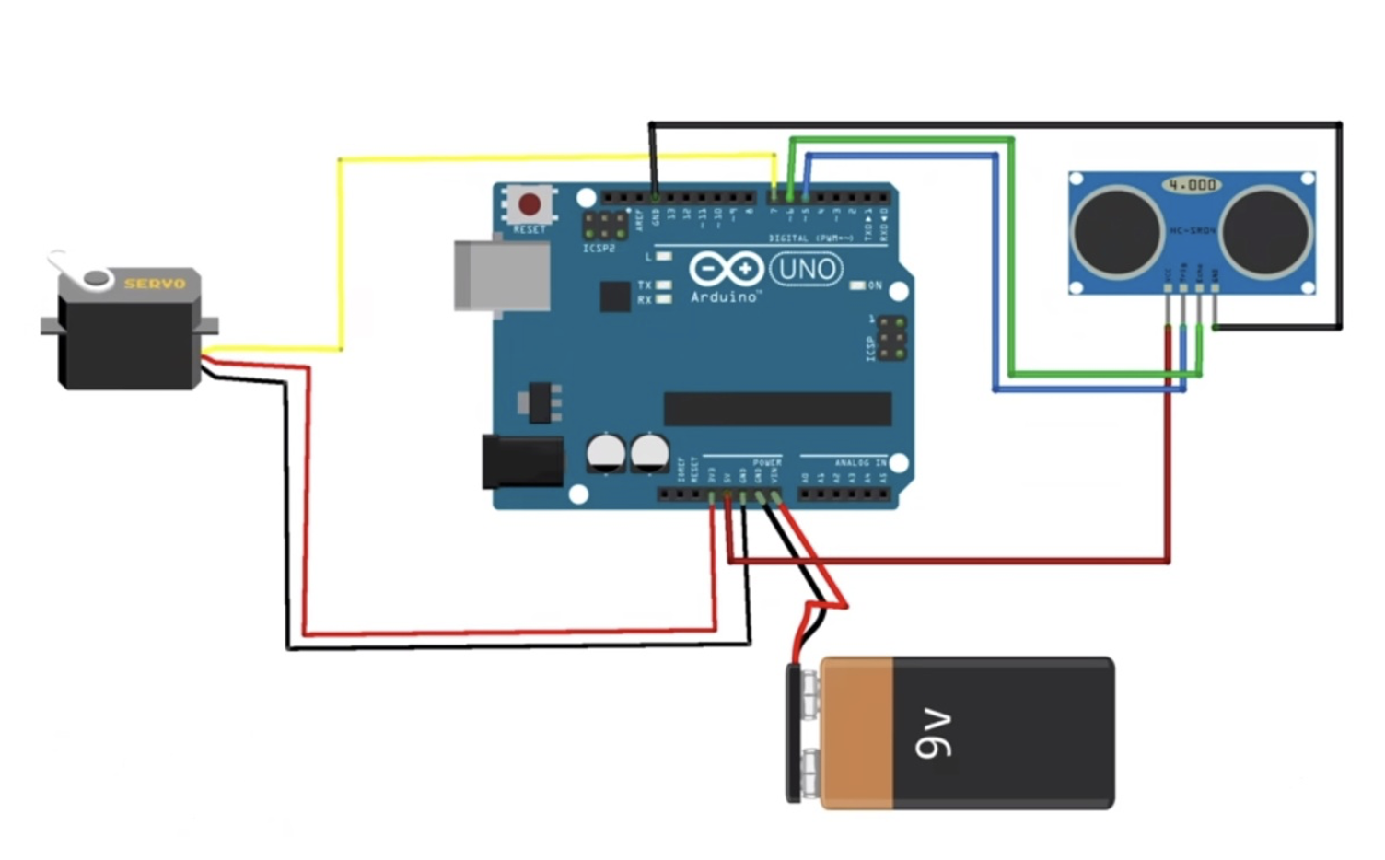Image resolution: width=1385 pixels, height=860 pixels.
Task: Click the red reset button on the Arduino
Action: point(530,203)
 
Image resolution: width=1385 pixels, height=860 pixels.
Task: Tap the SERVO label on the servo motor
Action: point(155,283)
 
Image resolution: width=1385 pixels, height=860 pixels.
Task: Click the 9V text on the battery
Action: point(934,734)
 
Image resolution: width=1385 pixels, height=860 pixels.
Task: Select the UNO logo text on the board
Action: point(806,269)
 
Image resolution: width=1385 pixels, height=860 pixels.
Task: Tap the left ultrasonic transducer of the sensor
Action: point(1116,231)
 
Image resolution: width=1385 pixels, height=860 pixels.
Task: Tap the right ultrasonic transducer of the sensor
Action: point(1266,231)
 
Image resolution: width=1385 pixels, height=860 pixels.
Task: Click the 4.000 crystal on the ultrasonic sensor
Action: point(1192,185)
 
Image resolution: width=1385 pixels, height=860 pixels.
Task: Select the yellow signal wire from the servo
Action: point(340,258)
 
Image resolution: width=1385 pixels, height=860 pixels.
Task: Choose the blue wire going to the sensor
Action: point(995,276)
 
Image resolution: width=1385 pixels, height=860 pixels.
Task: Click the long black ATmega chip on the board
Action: point(777,409)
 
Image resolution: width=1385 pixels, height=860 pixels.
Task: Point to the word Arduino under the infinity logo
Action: point(725,296)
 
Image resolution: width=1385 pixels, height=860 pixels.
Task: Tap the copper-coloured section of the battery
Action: point(857,733)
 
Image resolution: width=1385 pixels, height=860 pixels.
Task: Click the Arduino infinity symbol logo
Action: point(727,269)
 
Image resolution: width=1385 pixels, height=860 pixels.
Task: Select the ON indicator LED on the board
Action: point(857,285)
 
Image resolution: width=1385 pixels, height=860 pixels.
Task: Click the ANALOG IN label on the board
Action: point(860,462)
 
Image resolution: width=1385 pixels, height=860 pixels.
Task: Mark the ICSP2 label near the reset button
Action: point(599,249)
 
